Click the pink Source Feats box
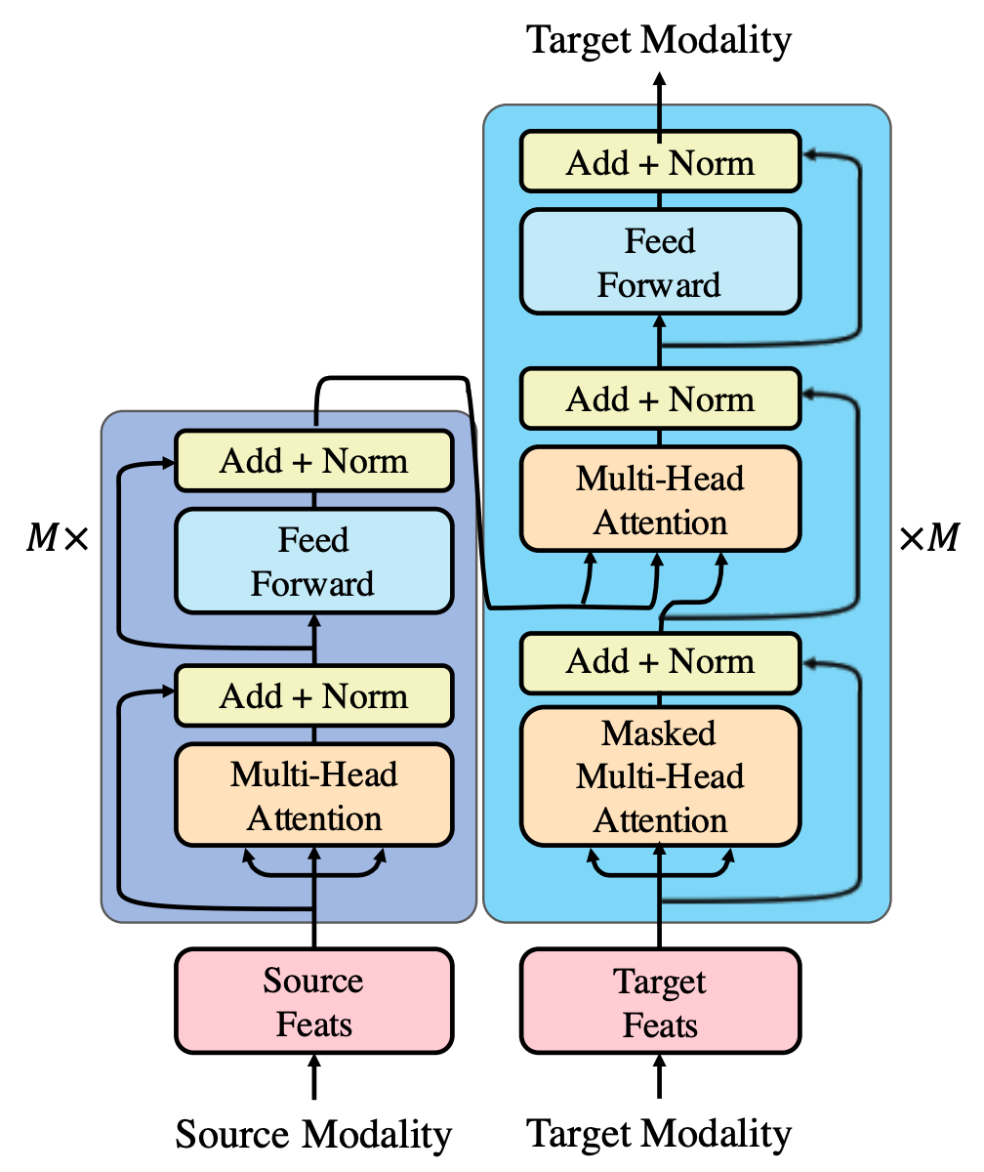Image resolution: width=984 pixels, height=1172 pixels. click(x=313, y=1002)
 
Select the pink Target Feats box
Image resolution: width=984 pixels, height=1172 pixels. click(x=660, y=1002)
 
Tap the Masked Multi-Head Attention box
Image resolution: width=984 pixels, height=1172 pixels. click(x=660, y=776)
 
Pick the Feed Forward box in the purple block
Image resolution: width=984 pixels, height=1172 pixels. click(x=313, y=562)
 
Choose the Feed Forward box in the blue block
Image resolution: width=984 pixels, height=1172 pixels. click(x=660, y=262)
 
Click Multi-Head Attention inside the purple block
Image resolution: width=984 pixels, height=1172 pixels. click(x=313, y=795)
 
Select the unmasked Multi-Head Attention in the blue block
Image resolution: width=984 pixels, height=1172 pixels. click(x=660, y=500)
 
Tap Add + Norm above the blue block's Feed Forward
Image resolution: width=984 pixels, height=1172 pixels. click(x=660, y=162)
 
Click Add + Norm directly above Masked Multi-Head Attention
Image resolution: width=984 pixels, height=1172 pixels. click(x=660, y=661)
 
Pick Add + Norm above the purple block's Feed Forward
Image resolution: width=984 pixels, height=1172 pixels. click(x=313, y=460)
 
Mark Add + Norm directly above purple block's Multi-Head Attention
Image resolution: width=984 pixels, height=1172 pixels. click(x=313, y=695)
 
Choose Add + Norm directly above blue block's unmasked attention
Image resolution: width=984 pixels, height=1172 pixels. click(x=660, y=398)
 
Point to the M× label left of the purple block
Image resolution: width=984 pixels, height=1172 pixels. click(x=56, y=538)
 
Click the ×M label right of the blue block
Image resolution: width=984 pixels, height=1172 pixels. click(x=928, y=538)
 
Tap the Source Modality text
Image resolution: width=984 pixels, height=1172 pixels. click(x=313, y=1135)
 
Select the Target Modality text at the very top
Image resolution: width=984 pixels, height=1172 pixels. click(x=659, y=40)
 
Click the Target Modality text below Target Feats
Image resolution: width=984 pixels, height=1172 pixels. click(x=659, y=1135)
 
